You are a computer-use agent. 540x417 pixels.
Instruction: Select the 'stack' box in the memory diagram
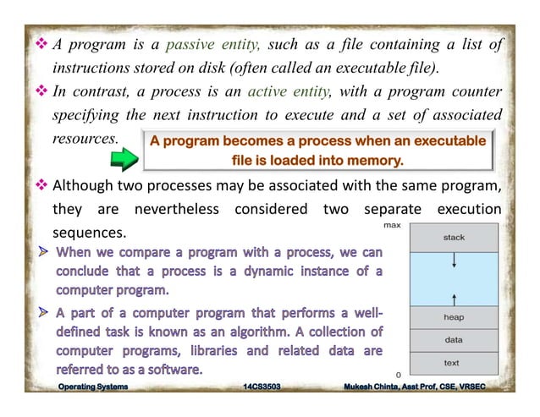point(454,238)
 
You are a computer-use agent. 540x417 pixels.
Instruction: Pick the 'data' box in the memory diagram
point(454,339)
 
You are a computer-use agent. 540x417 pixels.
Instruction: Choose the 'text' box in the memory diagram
point(454,363)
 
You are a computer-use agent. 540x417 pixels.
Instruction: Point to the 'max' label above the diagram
point(392,226)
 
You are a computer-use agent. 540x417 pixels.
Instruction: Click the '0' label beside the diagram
point(399,373)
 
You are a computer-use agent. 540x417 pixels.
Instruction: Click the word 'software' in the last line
point(174,369)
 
